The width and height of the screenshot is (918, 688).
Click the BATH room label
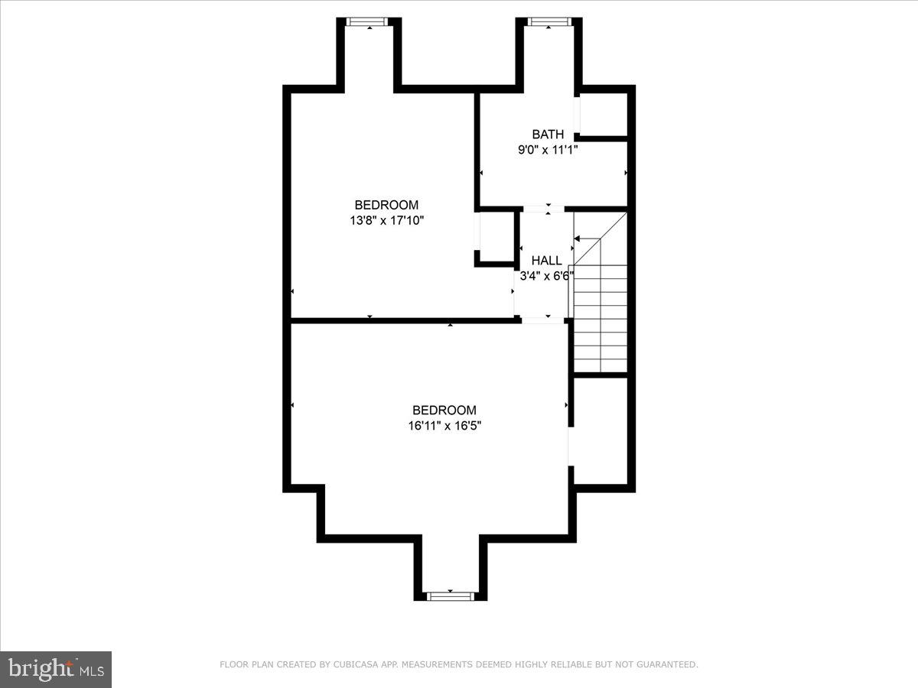point(548,135)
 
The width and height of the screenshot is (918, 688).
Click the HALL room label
point(546,261)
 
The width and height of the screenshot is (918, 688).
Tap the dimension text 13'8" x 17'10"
point(386,220)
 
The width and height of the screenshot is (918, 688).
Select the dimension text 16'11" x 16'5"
point(444,425)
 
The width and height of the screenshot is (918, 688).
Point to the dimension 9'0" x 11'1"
point(548,150)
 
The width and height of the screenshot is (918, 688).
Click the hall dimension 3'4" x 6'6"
point(546,276)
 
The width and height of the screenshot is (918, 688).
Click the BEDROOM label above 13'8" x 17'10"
point(386,205)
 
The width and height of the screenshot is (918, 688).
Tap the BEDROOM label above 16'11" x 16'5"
point(444,410)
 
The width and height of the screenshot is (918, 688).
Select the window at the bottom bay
point(450,596)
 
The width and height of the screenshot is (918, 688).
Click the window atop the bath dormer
point(549,21)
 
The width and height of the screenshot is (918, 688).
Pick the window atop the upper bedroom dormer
point(369,21)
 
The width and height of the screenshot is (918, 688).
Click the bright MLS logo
point(56,669)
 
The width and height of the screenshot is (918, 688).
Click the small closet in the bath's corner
point(604,115)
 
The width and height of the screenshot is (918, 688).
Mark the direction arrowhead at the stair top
point(576,239)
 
